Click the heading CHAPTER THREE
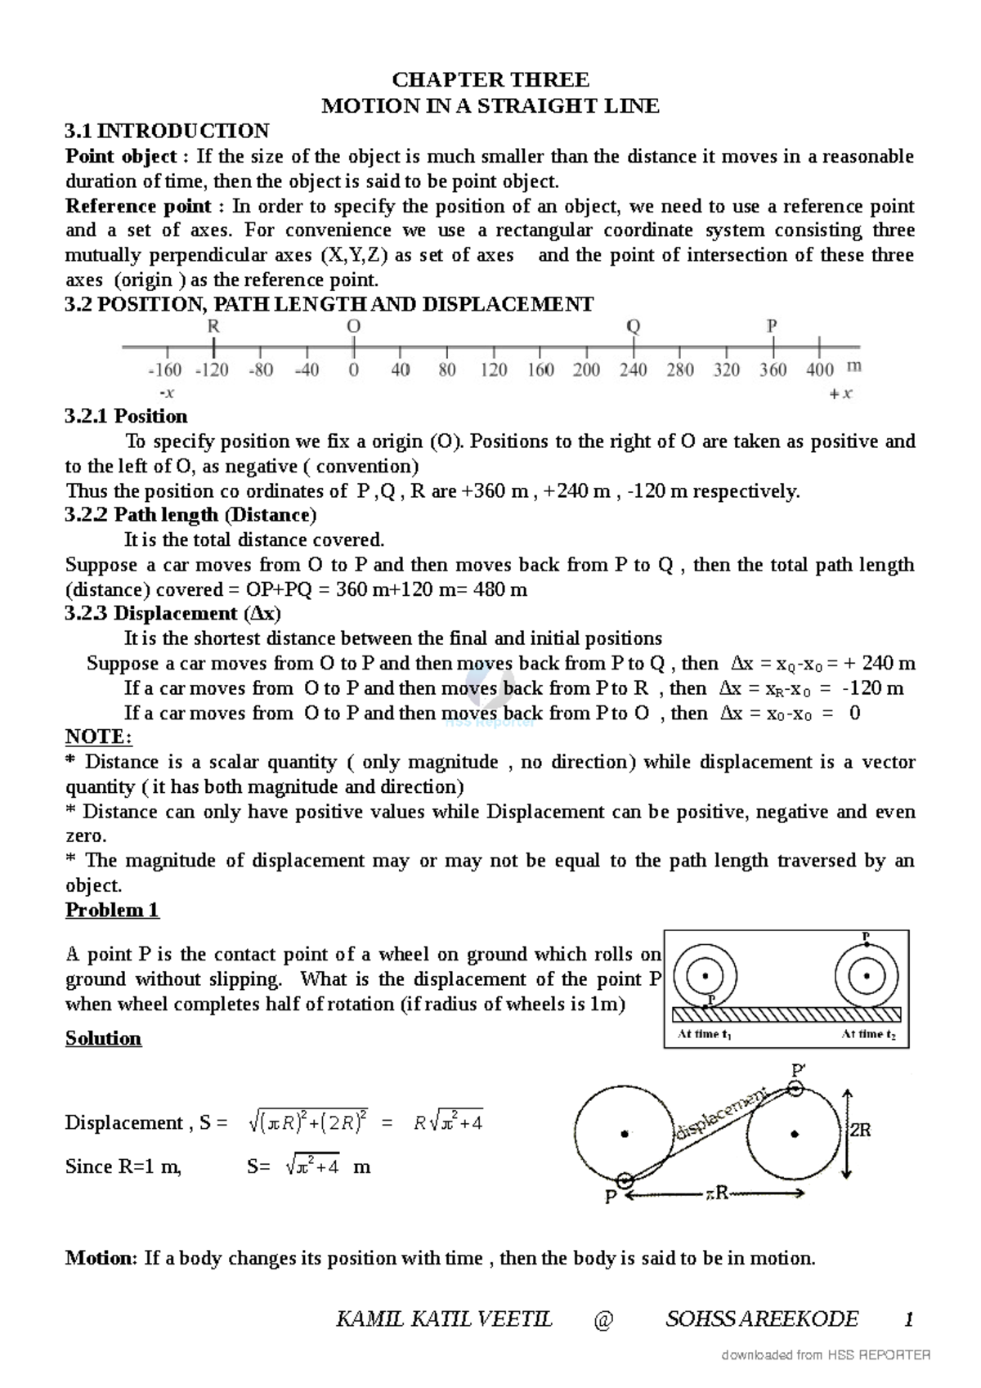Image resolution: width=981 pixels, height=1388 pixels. coord(490,80)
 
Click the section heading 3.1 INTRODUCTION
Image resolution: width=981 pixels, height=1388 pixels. coord(167,131)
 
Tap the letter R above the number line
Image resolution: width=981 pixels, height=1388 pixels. coord(213,326)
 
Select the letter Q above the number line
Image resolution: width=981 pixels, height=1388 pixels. coord(633,326)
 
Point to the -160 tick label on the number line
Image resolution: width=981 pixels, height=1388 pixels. coord(164,370)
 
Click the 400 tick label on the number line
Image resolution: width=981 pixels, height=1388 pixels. coord(819,370)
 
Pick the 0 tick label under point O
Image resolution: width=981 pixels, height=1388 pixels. coord(353,370)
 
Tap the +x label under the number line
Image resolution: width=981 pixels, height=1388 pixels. coord(840,393)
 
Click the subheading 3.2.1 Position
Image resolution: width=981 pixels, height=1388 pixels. coord(126,416)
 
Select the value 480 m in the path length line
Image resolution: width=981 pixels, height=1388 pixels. coord(500,589)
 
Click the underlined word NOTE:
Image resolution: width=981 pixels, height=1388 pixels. coord(98,737)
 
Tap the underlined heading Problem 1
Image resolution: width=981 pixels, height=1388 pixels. coord(112,911)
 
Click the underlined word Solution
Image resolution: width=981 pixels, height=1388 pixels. coord(103,1038)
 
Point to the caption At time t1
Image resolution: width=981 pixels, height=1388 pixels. coord(704,1035)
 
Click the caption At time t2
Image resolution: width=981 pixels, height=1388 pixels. coord(868,1035)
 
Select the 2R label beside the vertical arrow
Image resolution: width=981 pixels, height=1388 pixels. coord(861,1131)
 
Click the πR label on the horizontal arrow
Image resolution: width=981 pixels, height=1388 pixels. coord(716,1194)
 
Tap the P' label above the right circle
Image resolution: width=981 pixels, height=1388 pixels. coord(798,1070)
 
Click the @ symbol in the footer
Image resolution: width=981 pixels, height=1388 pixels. coord(603,1319)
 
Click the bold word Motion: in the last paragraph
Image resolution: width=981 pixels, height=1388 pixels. coord(101,1258)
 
